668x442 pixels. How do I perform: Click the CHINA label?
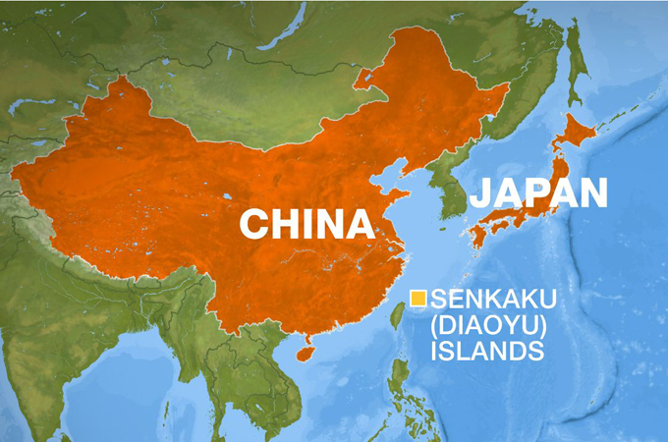(x=308, y=223)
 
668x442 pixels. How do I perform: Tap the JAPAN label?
(x=537, y=193)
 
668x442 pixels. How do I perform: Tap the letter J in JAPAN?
(x=479, y=193)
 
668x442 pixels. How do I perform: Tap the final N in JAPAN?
(x=590, y=193)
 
